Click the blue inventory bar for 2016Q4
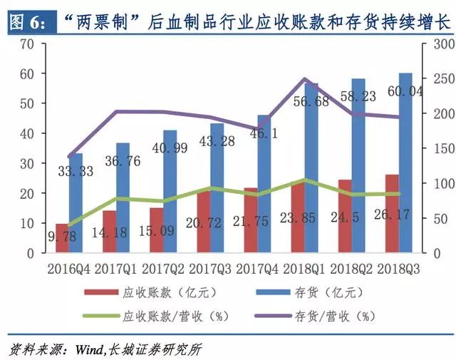[x=76, y=203]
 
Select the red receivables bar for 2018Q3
[x=392, y=214]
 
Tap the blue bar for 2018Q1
[x=311, y=171]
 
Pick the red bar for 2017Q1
[x=109, y=232]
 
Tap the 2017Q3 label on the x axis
[x=209, y=269]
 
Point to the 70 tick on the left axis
[x=26, y=43]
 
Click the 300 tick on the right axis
[x=433, y=43]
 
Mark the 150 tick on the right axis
[x=433, y=148]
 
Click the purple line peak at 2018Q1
[x=304, y=79]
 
